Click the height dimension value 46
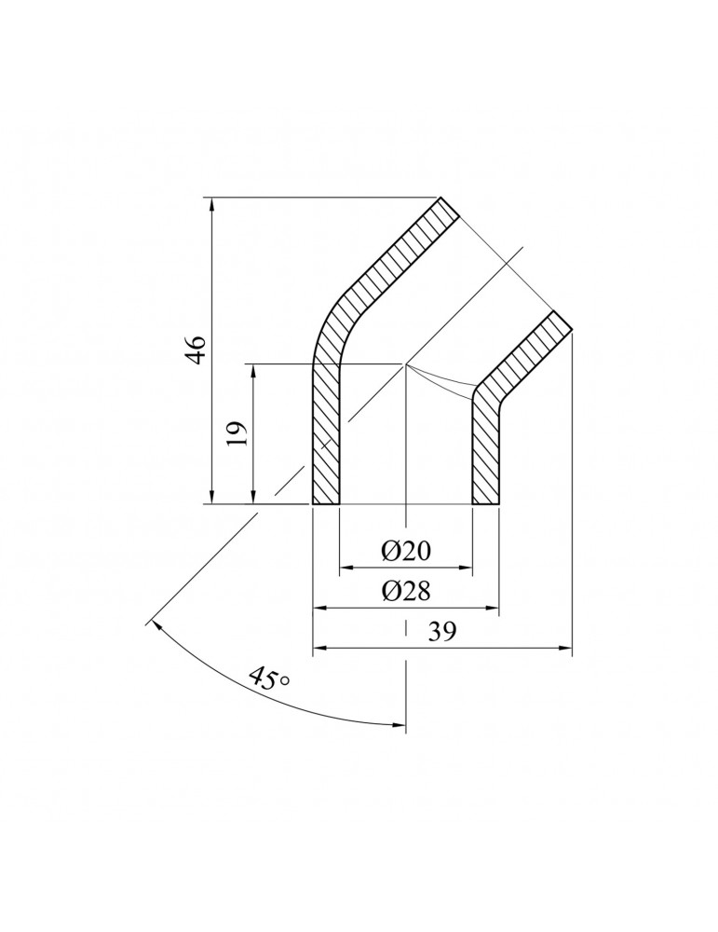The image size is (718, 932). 195,350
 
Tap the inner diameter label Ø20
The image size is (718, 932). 406,552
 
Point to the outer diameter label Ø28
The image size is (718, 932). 406,592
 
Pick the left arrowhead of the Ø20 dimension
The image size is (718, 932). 345,566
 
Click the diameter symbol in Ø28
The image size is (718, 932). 391,592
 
